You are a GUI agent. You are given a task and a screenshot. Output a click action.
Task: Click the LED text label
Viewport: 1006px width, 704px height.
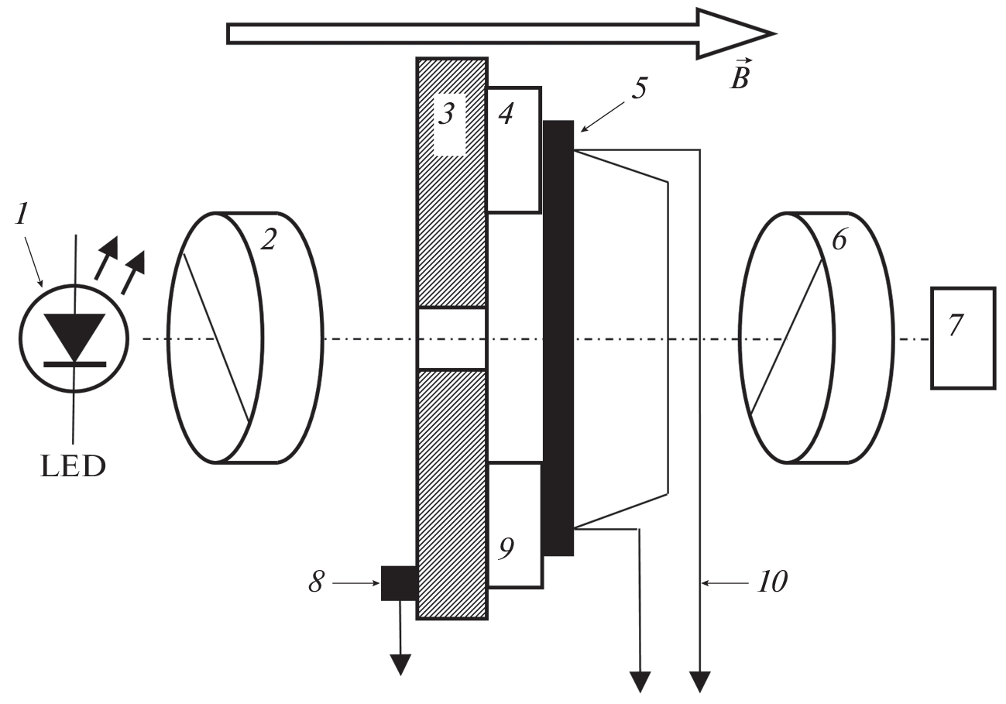pyautogui.click(x=74, y=467)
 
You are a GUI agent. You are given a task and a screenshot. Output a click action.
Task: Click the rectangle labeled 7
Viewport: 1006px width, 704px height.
pyautogui.click(x=963, y=337)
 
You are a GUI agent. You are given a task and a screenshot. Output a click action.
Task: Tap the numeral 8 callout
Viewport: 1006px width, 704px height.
pyautogui.click(x=316, y=582)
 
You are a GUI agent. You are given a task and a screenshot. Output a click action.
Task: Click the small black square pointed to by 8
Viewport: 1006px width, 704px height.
pyautogui.click(x=399, y=582)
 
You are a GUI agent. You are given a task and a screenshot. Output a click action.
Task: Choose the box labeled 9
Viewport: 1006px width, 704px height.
pyautogui.click(x=513, y=525)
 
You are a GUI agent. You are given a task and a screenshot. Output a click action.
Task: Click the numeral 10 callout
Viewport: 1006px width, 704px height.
pyautogui.click(x=773, y=581)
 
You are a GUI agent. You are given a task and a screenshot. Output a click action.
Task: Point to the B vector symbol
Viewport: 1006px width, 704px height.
pyautogui.click(x=740, y=77)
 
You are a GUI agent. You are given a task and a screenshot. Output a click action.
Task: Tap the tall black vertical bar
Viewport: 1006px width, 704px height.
pyautogui.click(x=558, y=338)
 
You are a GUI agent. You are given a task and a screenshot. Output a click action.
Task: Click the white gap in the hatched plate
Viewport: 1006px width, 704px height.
pyautogui.click(x=451, y=338)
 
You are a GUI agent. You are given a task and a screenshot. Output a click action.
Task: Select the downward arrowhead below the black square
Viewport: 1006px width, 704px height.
pyautogui.click(x=400, y=664)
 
